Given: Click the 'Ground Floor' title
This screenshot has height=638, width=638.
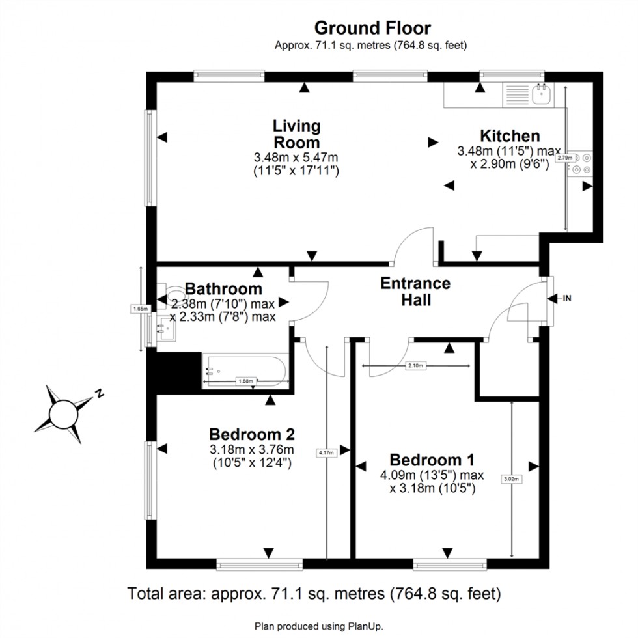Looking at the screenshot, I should [372, 28].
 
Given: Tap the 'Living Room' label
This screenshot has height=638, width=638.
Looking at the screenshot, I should [296, 134].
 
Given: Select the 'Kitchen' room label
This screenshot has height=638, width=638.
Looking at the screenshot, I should [510, 136].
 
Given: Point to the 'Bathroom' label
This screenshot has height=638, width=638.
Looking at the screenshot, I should [223, 288].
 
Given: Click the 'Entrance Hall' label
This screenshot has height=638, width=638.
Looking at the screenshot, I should [415, 292].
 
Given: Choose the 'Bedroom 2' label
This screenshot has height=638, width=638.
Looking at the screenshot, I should [252, 434].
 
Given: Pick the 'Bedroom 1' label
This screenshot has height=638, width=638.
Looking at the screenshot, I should [432, 458].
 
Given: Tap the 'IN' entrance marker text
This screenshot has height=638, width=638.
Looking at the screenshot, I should [566, 299].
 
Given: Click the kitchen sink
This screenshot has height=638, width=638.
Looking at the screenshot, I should [541, 96].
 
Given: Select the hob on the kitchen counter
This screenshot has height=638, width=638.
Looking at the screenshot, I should [581, 163].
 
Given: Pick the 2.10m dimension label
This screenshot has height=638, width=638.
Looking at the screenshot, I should [415, 367].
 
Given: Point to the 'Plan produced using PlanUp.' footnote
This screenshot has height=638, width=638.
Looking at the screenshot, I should [318, 626].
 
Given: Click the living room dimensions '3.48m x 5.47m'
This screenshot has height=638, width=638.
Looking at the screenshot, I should [296, 158].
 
